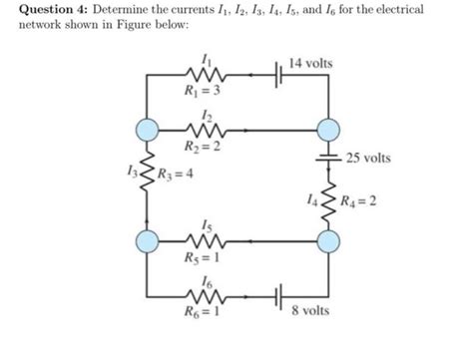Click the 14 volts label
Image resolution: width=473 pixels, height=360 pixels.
(x=310, y=63)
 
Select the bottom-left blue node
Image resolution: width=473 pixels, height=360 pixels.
(x=148, y=240)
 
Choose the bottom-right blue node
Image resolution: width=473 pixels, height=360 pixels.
(x=326, y=240)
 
